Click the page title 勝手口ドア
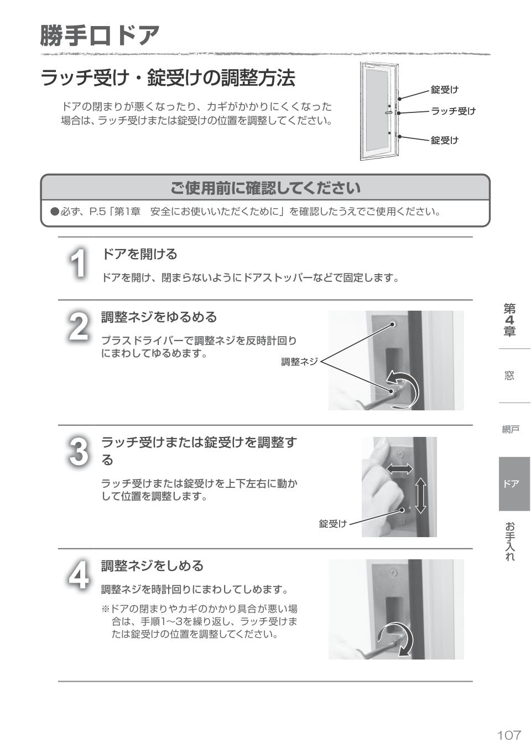pos(100,35)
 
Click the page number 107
pos(509,735)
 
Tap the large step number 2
pos(79,327)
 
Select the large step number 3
pos(79,451)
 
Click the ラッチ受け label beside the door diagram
pos(453,111)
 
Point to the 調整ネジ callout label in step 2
pos(299,362)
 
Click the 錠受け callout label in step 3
pos(333,523)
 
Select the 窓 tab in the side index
pos(509,375)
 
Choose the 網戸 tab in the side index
pos(511,429)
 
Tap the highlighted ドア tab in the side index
pos(512,483)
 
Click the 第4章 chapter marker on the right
pos(509,320)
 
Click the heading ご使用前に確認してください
pos(265,188)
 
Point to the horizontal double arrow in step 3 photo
pos(399,469)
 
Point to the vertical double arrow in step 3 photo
pos(421,495)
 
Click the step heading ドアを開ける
pos(139,254)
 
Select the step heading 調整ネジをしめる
pos(152,566)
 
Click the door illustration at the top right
pos(379,111)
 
